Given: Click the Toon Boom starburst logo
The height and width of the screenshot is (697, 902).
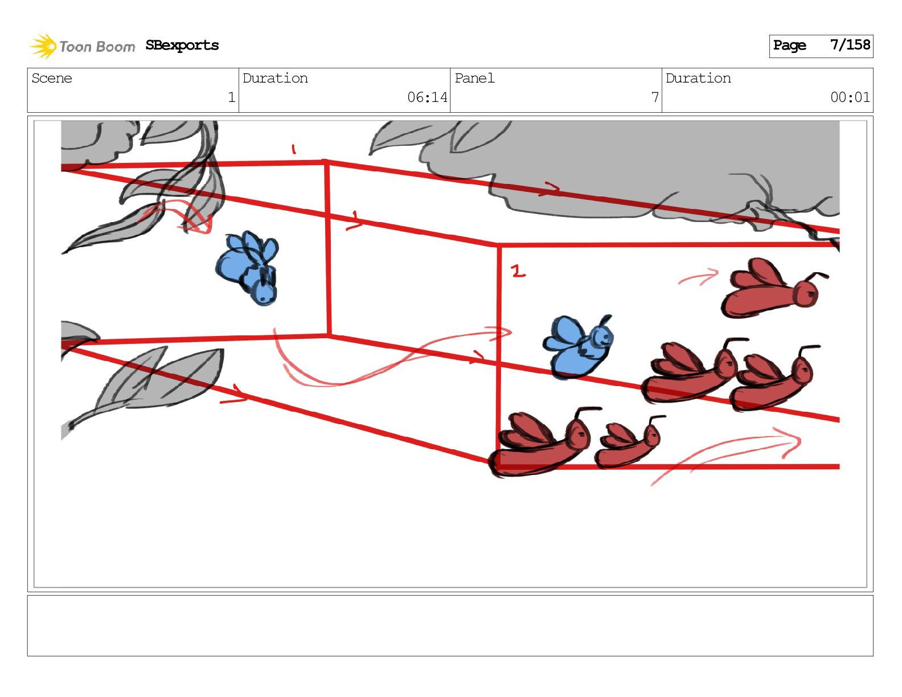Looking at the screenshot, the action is point(43,46).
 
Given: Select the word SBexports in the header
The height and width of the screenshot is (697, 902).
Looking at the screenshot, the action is point(182,45).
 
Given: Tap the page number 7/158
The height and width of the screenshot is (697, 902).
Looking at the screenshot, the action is point(850,45).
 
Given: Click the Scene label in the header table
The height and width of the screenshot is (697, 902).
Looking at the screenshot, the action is point(52,78).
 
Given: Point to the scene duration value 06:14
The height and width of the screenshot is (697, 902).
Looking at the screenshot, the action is point(427,97).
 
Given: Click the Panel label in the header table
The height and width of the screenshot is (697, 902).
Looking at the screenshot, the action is point(474,78).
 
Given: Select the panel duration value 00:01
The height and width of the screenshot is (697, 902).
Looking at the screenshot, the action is point(850,97).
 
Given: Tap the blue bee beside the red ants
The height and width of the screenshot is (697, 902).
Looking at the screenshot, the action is point(578,347).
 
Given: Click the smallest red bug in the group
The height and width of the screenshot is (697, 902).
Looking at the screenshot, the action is point(628,442).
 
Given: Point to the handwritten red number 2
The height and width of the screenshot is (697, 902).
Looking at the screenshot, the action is point(518,271).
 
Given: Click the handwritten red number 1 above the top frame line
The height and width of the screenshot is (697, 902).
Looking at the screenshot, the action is point(293,149).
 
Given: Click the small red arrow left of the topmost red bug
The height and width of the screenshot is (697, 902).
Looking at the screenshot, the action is point(699,277).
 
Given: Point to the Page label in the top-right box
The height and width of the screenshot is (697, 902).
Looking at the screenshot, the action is point(789,45).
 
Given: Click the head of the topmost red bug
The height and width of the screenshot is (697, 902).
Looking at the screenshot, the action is point(806,294).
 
